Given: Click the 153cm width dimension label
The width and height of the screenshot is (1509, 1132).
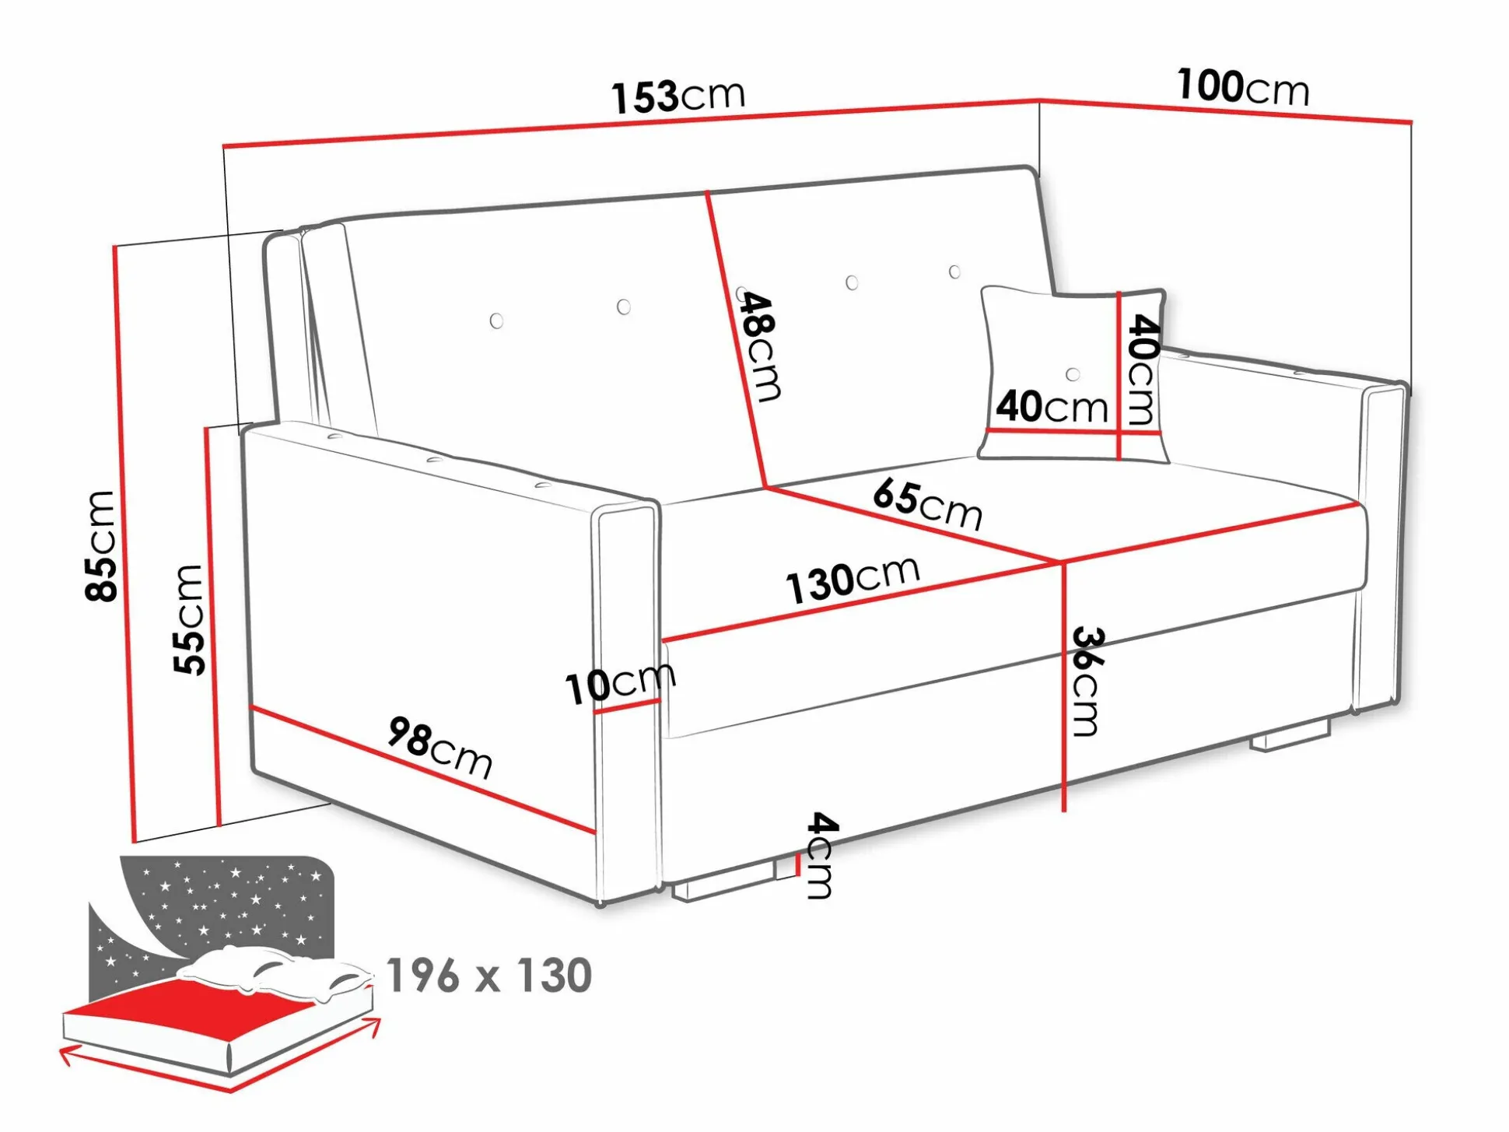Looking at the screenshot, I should coord(677,96).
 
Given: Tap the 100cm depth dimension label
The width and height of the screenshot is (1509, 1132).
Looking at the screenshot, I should coord(1242,86).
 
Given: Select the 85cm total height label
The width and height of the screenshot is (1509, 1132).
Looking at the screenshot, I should coord(101,546).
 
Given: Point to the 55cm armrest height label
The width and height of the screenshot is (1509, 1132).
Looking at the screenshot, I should coord(189,619).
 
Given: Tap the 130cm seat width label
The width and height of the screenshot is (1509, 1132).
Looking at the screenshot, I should coord(853,580).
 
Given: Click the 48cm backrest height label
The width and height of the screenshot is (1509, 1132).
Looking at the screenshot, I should coord(758,347).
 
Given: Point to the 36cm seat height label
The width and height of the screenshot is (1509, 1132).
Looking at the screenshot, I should coord(1086,682).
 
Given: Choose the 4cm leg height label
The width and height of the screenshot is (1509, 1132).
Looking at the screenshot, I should coord(821,856).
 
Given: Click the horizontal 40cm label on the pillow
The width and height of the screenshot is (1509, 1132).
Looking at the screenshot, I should coord(1052,407).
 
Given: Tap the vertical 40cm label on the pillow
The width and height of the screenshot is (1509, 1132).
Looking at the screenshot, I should coord(1142,369).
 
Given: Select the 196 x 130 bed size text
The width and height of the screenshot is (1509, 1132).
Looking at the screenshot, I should coord(489,976).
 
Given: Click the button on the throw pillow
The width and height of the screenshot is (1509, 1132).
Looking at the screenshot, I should coord(1073,374).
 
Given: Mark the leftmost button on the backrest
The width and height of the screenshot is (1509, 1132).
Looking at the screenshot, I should coord(496,321).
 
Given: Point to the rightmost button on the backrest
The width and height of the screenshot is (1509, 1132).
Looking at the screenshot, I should coord(954,272).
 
